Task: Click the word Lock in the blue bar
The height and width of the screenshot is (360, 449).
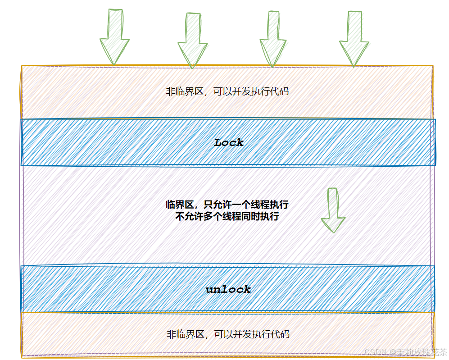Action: pos(229,143)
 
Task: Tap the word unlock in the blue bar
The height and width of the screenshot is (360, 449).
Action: pos(228,289)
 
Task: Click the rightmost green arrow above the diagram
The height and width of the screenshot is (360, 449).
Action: pos(354,39)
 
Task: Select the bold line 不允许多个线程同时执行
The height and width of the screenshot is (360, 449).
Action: pos(227,216)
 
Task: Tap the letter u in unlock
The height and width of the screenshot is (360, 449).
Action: pos(210,290)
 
